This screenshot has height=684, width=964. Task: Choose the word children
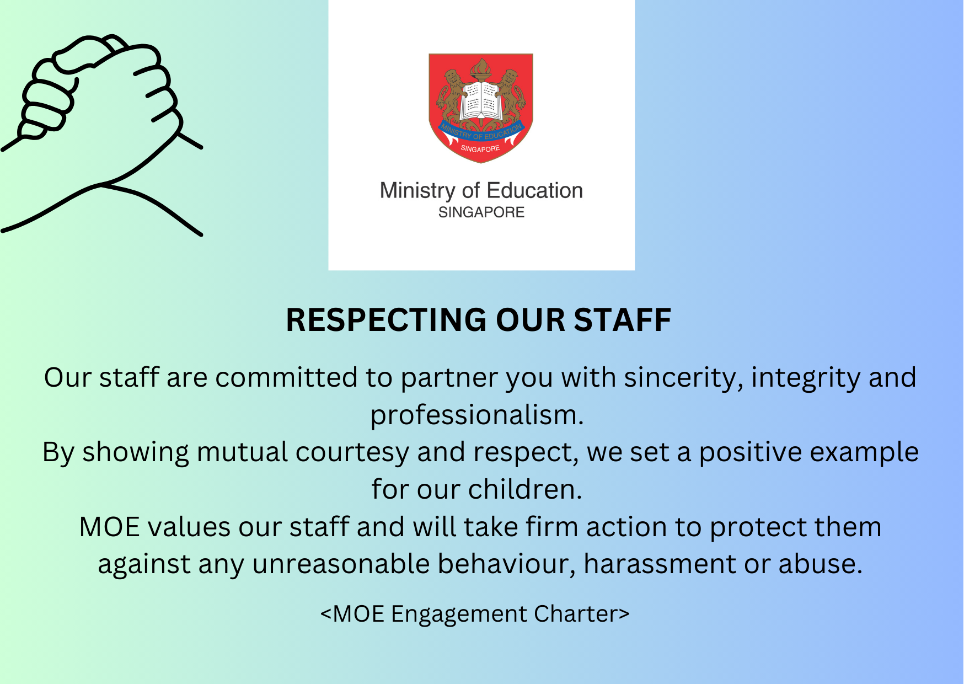(525, 489)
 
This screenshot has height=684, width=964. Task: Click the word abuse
(820, 564)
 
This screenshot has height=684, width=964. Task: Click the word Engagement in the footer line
(459, 614)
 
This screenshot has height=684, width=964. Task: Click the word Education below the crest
(535, 191)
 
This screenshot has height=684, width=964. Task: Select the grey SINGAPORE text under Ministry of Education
(481, 212)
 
